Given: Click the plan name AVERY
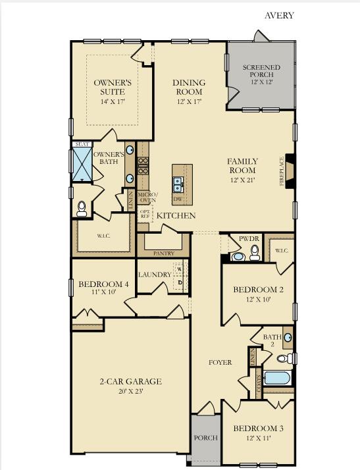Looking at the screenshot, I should (279, 16).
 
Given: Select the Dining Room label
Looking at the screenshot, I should (189, 87).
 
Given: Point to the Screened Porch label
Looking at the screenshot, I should (261, 71).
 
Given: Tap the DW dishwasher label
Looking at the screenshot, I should (177, 198).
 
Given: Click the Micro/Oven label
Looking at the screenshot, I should (147, 197).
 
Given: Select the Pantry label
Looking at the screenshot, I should (163, 253).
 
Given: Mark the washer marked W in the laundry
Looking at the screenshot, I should (179, 269).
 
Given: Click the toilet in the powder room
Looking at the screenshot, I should (253, 252).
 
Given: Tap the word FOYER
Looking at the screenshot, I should (220, 363).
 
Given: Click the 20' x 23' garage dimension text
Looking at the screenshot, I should (130, 391).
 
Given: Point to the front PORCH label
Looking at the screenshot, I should (205, 438).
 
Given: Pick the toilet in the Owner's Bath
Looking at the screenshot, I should (82, 209).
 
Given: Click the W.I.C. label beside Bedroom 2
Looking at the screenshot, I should (282, 251).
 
